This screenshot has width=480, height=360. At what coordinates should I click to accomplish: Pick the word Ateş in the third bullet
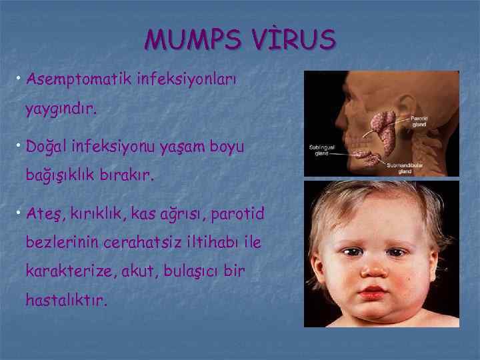point(45,214)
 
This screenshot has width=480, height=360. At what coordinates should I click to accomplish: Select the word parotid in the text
point(237,214)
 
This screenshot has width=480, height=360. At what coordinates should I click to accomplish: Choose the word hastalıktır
point(65,301)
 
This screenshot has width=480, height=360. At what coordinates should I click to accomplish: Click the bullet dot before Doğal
point(20,146)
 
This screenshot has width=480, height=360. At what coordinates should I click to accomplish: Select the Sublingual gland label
point(321,149)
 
